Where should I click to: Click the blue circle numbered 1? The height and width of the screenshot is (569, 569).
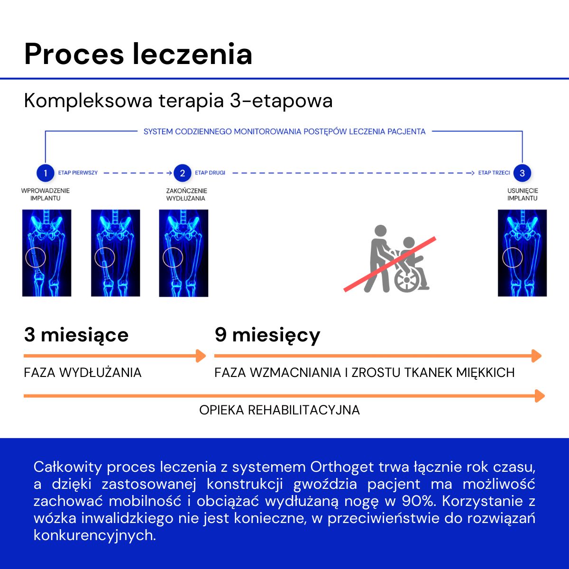tap(45, 173)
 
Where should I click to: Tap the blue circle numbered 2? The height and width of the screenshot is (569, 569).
tap(182, 173)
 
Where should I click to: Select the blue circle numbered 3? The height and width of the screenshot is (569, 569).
tap(522, 173)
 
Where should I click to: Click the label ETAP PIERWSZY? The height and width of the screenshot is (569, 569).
tap(78, 173)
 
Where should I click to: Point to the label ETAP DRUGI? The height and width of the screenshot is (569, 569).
tap(210, 173)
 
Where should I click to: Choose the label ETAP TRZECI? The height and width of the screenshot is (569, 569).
tap(494, 173)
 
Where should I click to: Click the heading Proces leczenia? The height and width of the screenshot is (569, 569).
tap(138, 54)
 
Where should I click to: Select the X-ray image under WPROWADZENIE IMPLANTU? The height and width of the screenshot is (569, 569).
tap(46, 253)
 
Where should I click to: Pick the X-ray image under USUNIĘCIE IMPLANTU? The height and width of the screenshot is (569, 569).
tap(522, 253)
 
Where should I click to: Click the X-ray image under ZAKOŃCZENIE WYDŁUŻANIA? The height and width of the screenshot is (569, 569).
tap(184, 253)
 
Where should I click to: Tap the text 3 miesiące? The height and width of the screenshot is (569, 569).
tap(76, 335)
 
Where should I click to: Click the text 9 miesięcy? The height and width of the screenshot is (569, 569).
tap(267, 335)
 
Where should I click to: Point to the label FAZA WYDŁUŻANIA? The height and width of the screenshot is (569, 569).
tap(83, 373)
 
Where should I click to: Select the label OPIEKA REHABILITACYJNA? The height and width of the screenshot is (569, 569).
tap(279, 410)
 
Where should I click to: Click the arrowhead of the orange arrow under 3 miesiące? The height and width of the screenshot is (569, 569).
tap(201, 356)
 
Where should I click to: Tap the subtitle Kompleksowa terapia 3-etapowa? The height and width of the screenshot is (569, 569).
tap(178, 101)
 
